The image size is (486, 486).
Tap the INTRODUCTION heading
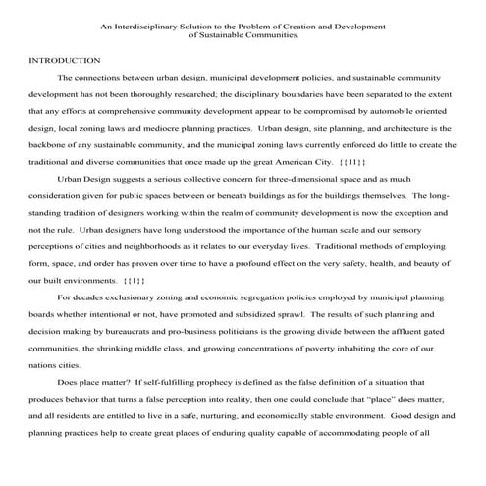click(x=65, y=60)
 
